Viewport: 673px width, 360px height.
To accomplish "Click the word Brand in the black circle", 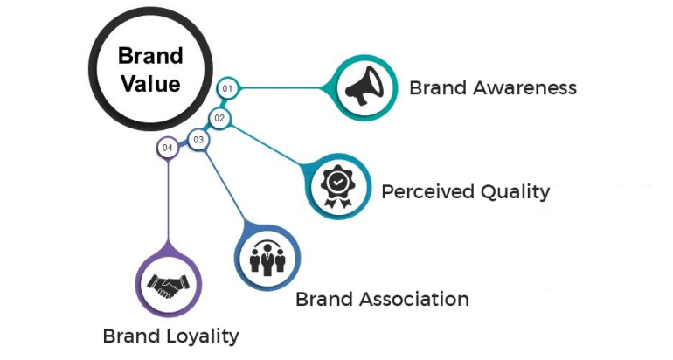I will coord(150,57).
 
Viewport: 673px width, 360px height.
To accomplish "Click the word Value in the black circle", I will coord(150,85).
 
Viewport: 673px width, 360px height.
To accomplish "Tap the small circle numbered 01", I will coord(228,88).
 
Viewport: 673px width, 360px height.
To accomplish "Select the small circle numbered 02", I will coord(219,117).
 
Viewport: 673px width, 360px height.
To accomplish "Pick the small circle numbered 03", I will coord(198,139).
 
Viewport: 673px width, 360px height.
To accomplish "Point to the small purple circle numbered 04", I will coord(168,148).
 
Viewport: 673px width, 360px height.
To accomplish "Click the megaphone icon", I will coord(359,87).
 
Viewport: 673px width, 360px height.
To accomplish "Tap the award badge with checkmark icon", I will coord(336,185).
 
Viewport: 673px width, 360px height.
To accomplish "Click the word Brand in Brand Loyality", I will coord(130,336).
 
